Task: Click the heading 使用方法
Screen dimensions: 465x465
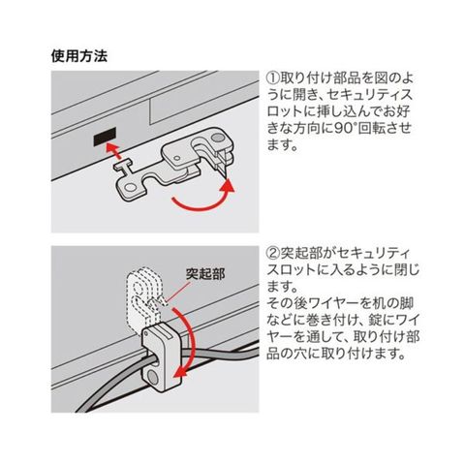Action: tap(79, 56)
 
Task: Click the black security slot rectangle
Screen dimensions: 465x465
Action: tap(105, 136)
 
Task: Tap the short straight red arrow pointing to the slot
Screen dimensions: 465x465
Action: tap(114, 149)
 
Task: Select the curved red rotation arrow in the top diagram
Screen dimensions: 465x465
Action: tap(204, 197)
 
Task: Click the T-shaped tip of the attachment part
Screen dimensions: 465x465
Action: tap(123, 166)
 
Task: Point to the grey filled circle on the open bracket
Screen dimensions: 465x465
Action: tap(218, 138)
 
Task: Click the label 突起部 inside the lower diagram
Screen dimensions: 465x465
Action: tap(205, 274)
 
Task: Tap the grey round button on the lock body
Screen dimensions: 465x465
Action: tap(152, 377)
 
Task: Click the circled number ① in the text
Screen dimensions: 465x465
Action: tap(273, 78)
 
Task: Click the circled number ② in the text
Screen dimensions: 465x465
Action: tap(273, 254)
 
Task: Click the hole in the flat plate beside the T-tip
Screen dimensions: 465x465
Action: tap(131, 187)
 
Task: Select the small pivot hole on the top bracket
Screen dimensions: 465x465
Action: tap(176, 158)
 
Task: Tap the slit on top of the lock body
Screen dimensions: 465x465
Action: tap(161, 332)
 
